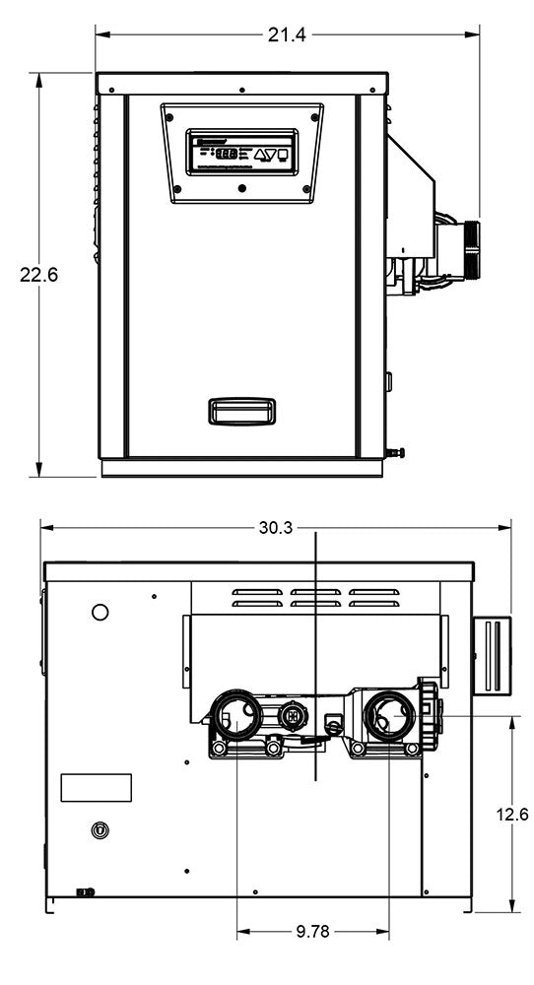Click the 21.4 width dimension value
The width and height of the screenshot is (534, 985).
[x=287, y=34]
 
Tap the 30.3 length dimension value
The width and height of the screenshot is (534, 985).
[x=275, y=528]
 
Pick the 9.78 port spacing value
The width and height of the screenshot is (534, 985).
[x=312, y=931]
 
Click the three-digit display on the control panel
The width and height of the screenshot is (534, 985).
[x=227, y=154]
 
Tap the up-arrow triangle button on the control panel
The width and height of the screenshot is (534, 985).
[x=262, y=154]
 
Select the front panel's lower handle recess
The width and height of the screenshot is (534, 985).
[x=241, y=410]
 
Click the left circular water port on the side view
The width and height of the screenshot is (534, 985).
[x=237, y=714]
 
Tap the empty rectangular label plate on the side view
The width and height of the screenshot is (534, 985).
[x=96, y=787]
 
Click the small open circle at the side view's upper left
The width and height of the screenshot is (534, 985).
[x=100, y=613]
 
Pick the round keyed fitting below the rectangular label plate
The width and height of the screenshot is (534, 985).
[x=97, y=830]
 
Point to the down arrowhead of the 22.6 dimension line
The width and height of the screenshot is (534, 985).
[x=38, y=471]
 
